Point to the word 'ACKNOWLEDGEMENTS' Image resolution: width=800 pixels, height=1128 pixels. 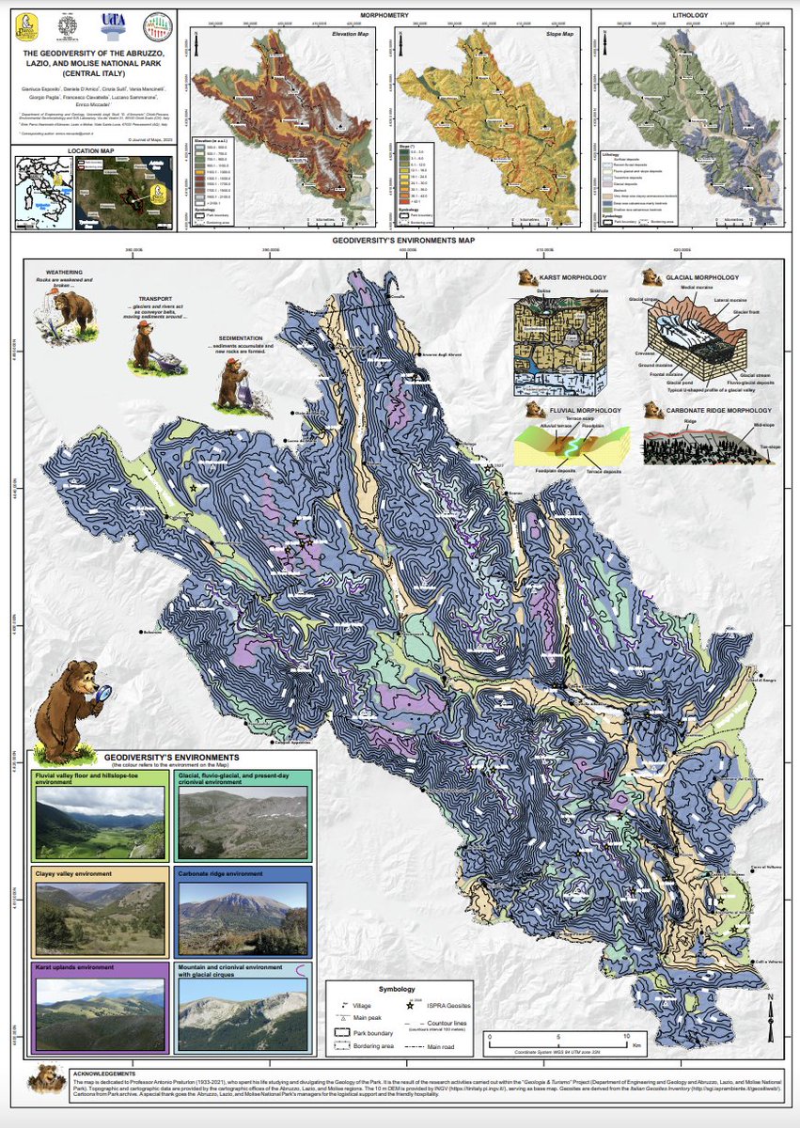(107, 1073)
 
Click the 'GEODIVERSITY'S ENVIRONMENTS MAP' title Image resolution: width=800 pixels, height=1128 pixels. (404, 242)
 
